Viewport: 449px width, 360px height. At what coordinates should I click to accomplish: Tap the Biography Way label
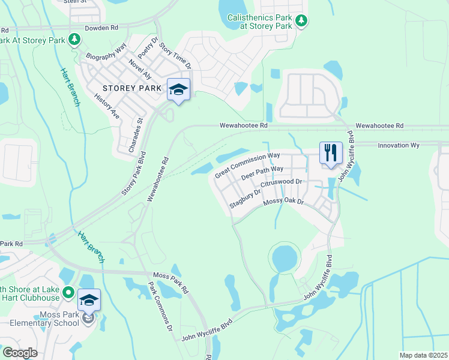point(106,50)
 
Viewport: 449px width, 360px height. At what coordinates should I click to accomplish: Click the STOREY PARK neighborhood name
point(124,88)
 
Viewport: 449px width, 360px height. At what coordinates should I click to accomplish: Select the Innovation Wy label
point(398,145)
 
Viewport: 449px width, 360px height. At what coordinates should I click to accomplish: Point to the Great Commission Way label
point(247,165)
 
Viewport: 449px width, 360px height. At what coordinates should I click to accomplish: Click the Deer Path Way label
point(262,173)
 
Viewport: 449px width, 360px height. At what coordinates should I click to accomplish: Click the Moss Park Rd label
point(170,281)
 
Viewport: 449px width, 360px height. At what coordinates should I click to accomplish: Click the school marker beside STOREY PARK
point(178,90)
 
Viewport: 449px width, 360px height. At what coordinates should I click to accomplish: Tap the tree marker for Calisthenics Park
point(301,22)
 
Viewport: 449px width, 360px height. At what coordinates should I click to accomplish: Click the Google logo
point(20,353)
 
